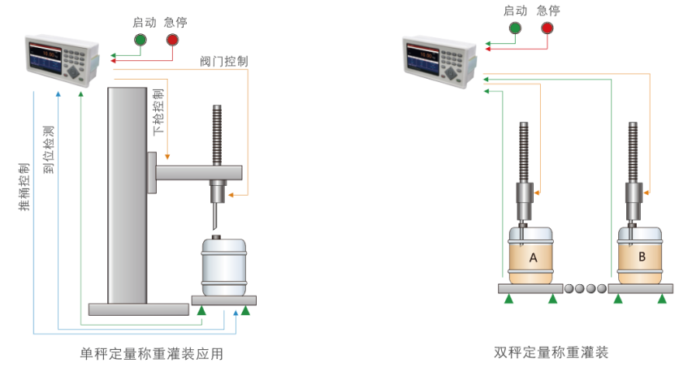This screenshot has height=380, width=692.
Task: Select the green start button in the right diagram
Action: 515,28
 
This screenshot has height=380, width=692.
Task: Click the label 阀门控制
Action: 224,61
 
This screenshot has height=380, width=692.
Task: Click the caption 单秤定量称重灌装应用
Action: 152,354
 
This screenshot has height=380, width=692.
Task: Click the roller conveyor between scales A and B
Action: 585,287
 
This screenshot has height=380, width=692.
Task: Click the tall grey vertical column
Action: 128,194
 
